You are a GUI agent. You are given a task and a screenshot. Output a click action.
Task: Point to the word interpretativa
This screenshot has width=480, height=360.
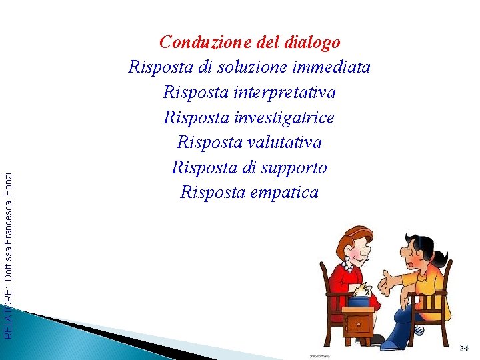[285, 92]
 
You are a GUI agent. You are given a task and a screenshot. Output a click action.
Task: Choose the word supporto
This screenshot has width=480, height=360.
[295, 167]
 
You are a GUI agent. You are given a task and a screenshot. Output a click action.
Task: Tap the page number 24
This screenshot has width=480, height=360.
[464, 348]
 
